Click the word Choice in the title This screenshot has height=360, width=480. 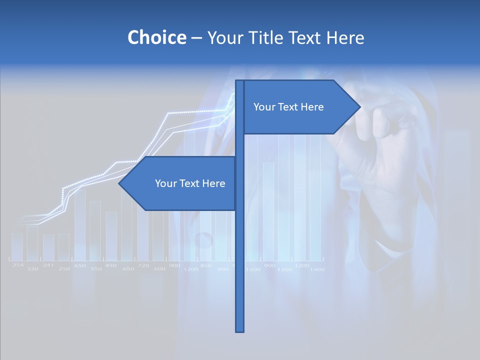pos(156,37)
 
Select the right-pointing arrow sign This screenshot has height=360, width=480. pos(300,107)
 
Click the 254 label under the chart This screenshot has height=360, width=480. pos(18,265)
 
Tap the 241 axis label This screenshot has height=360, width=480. pos(48,265)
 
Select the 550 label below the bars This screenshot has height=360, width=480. pos(96,269)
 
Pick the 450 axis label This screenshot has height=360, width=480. pos(110,265)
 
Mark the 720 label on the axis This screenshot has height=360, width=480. pos(143,265)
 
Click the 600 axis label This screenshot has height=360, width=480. pos(159,269)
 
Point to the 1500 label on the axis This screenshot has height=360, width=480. pos(253,269)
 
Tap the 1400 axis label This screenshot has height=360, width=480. pos(317,269)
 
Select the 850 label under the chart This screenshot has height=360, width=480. pos(205,265)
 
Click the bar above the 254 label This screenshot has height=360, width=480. pos(17,246)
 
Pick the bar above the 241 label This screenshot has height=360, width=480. pos(48,247)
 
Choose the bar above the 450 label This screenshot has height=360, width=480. pos(111,236)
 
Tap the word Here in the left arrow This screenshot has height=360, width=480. pos(213,183)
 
